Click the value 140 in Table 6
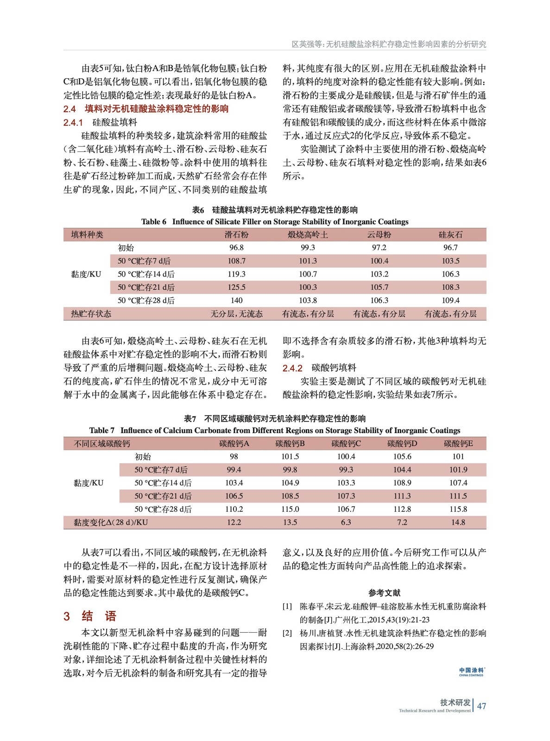coord(236,300)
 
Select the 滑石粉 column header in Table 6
coord(236,235)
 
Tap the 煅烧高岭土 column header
coord(308,235)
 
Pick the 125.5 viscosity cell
coord(236,287)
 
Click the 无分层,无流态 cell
coord(236,314)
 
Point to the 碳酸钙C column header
coord(346,444)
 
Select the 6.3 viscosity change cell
coord(346,522)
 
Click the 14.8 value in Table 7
coord(458,522)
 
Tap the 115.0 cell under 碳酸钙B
coord(290,509)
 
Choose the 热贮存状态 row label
coord(91,314)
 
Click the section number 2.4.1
coord(73,123)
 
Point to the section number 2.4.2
coord(292,368)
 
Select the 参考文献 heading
coord(384,593)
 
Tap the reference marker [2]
coord(287,633)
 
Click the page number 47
coord(481,706)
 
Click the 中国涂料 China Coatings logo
coord(471,672)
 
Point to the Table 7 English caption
coord(275,430)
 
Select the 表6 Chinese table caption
coord(275,210)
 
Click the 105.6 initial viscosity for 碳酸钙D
coord(402,457)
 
